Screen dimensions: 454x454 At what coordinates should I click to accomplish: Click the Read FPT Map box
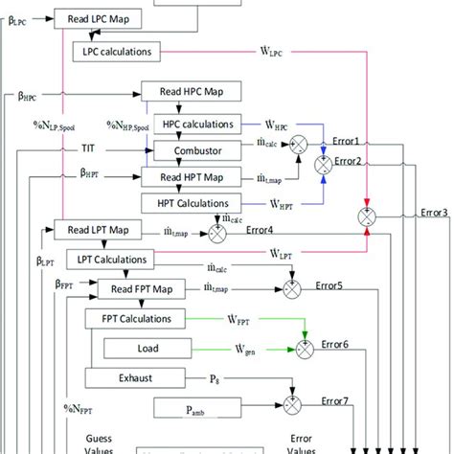point(141,288)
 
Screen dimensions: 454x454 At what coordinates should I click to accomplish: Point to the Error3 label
point(434,213)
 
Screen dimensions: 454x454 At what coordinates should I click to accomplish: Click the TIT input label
point(88,148)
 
